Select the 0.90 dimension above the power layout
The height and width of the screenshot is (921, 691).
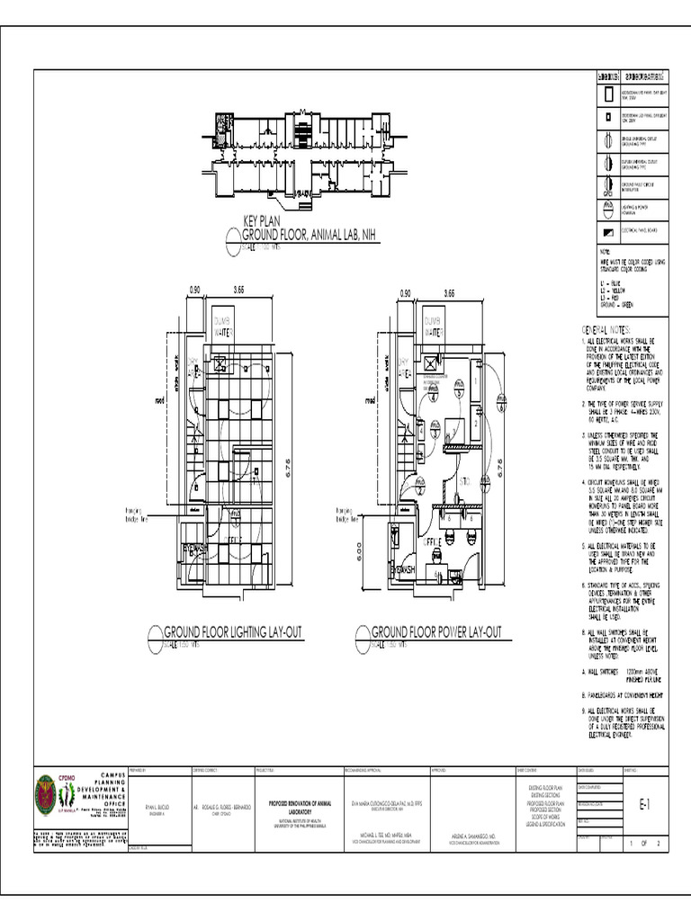coord(404,293)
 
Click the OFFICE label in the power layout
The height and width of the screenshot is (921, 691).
coord(434,542)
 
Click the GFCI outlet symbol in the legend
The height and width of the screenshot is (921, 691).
coord(608,187)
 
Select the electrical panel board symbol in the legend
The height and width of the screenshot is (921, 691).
coord(608,231)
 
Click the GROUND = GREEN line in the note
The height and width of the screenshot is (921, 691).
coord(614,306)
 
